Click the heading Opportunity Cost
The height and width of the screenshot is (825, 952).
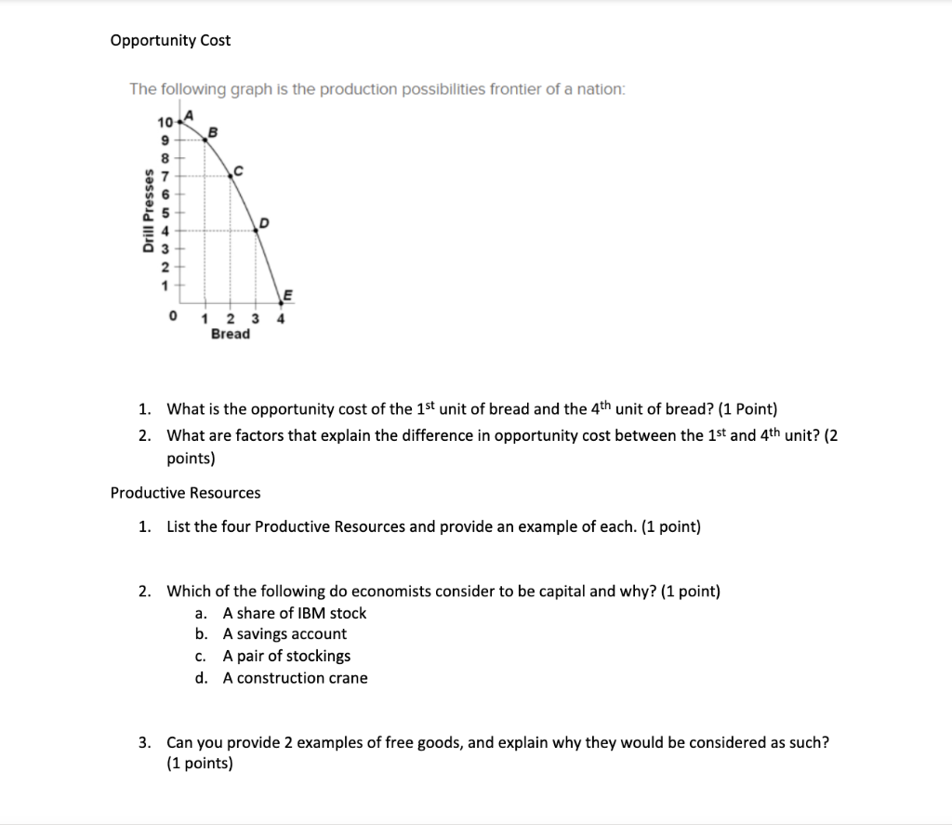(x=170, y=40)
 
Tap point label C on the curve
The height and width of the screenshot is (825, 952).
(x=238, y=170)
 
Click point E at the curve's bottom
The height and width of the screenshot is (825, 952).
(x=287, y=296)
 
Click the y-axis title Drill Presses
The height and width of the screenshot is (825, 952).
(x=147, y=212)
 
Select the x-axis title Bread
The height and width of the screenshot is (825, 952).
(x=230, y=334)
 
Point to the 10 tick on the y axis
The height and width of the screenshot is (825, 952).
(x=165, y=124)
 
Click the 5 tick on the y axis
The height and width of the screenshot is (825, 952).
(x=167, y=212)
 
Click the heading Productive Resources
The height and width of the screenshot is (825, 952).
(x=185, y=493)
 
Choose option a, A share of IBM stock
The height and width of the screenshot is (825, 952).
(x=295, y=613)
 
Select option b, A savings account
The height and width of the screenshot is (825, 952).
(x=284, y=634)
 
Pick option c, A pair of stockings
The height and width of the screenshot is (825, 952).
(x=286, y=656)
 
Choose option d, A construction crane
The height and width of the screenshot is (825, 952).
(x=295, y=678)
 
